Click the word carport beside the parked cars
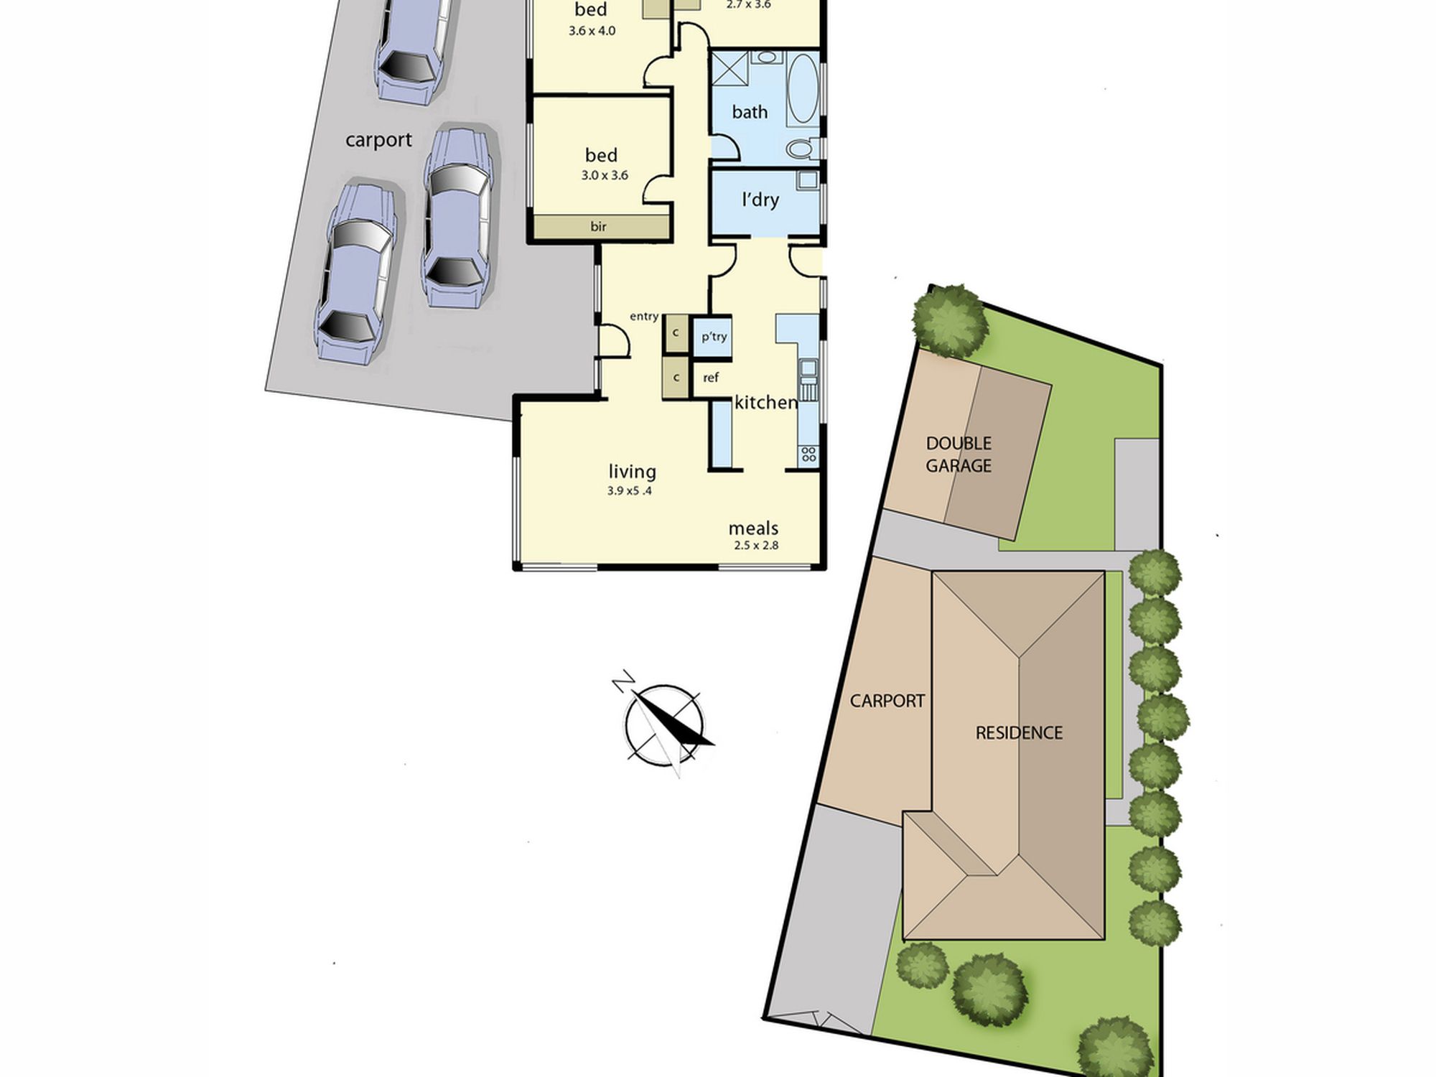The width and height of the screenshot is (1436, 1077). pyautogui.click(x=378, y=140)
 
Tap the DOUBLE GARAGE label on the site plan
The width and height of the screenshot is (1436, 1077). pyautogui.click(x=959, y=454)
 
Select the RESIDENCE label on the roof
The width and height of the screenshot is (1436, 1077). pyautogui.click(x=1019, y=733)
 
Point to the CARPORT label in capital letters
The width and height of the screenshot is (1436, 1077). pyautogui.click(x=887, y=701)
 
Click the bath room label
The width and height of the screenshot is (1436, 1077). pyautogui.click(x=750, y=112)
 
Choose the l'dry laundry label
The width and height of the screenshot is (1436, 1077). pyautogui.click(x=760, y=199)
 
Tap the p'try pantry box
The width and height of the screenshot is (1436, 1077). pyautogui.click(x=713, y=336)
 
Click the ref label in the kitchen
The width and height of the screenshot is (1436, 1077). pyautogui.click(x=711, y=378)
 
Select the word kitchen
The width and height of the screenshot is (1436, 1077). pyautogui.click(x=766, y=402)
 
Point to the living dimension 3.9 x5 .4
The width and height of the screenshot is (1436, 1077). pyautogui.click(x=630, y=491)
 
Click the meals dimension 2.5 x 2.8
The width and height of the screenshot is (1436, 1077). pyautogui.click(x=756, y=545)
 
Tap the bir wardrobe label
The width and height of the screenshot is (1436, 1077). pyautogui.click(x=599, y=227)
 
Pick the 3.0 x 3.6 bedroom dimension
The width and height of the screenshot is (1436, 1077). pyautogui.click(x=605, y=175)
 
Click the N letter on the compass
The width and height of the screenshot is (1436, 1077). pyautogui.click(x=623, y=680)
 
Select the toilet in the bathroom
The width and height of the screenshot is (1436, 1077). pyautogui.click(x=800, y=148)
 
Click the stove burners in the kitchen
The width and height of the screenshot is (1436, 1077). pyautogui.click(x=808, y=454)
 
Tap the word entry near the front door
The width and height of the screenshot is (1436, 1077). pyautogui.click(x=644, y=317)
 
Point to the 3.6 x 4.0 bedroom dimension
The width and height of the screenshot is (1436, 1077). pyautogui.click(x=592, y=31)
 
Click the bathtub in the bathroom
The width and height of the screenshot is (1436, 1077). pyautogui.click(x=803, y=89)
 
